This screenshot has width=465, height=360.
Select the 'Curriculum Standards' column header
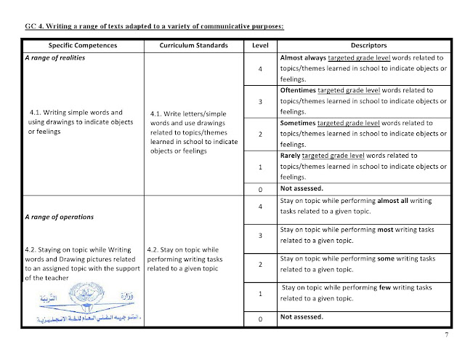click(x=193, y=45)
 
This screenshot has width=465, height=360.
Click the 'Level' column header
click(x=259, y=45)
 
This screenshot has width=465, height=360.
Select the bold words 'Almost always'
click(x=302, y=57)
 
